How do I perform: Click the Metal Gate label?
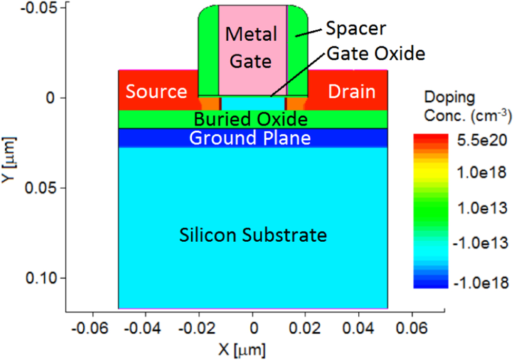click(x=252, y=47)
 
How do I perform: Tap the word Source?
click(x=156, y=92)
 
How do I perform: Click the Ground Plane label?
click(x=250, y=138)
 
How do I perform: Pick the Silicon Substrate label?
click(x=253, y=236)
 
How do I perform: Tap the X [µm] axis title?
click(x=242, y=350)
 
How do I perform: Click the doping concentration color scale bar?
click(x=428, y=210)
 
